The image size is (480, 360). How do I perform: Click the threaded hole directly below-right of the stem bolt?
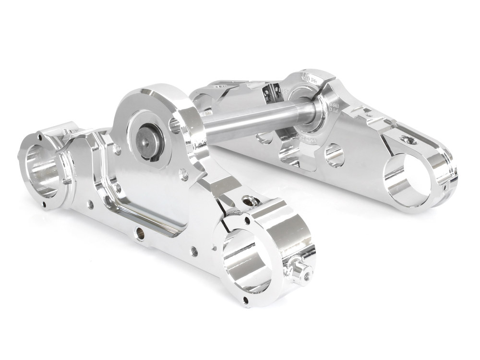pos(183,171)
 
